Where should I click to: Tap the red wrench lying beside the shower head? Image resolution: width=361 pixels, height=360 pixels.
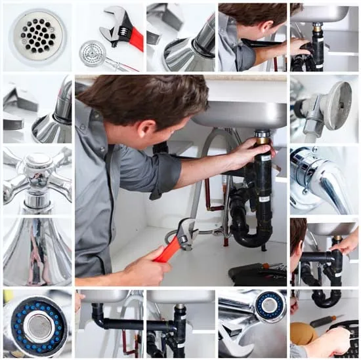click(x=125, y=30)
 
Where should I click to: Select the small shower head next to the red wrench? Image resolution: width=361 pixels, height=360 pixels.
click(x=93, y=52)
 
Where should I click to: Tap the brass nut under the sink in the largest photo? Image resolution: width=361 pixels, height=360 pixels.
click(x=263, y=136)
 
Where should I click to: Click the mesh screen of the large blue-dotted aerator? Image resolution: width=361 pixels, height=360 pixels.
click(x=39, y=326)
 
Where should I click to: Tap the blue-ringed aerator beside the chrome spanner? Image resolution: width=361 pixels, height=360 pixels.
click(x=270, y=306)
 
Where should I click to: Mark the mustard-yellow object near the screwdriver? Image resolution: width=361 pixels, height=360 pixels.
click(x=303, y=332)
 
